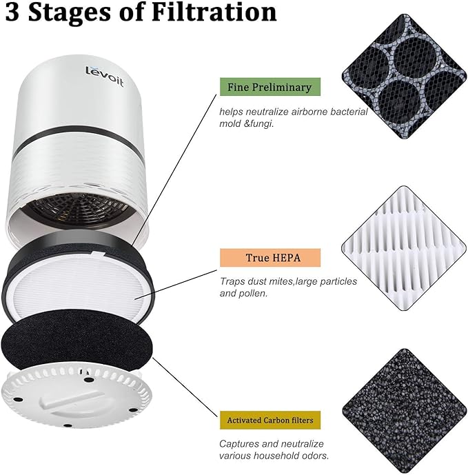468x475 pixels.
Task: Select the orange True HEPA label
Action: [x=269, y=258]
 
